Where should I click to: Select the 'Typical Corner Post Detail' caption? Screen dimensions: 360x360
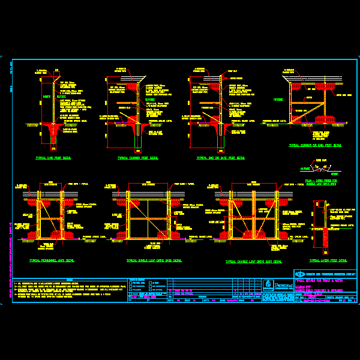pyautogui.click(x=138, y=158)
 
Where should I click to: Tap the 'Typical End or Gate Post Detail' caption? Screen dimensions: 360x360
pyautogui.click(x=220, y=158)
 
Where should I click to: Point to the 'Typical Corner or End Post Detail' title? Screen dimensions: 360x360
pyautogui.click(x=315, y=146)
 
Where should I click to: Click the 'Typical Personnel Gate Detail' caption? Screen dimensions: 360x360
pyautogui.click(x=52, y=261)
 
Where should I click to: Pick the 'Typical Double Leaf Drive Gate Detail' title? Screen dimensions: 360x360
pyautogui.click(x=254, y=262)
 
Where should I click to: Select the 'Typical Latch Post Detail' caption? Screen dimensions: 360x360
pyautogui.click(x=328, y=261)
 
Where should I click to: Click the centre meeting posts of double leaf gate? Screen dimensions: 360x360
pyautogui.click(x=253, y=216)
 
